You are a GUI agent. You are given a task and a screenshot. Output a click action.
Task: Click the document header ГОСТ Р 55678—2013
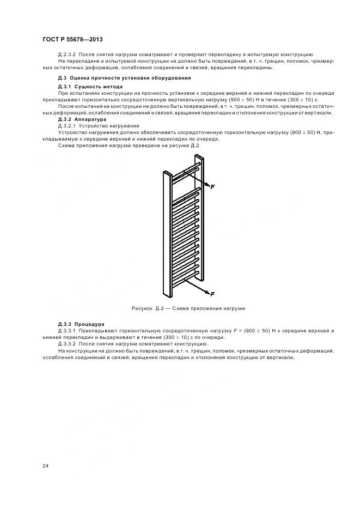click(72, 40)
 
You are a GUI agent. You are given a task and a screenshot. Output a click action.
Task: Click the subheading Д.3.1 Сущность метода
click(90, 87)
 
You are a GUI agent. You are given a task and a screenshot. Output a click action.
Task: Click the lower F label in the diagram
click(212, 294)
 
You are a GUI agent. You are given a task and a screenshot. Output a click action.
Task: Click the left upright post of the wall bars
click(167, 234)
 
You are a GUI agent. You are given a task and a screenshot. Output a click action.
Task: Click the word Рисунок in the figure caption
click(143, 308)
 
